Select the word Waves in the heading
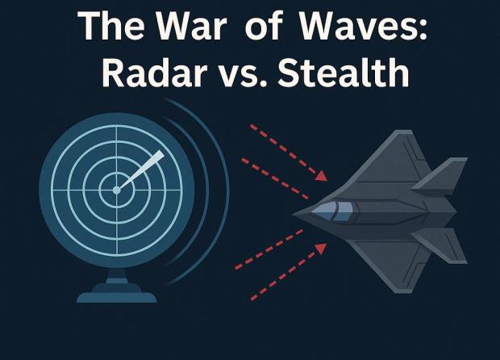(352, 26)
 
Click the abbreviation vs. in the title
(243, 76)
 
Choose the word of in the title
(264, 26)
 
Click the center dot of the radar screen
(117, 190)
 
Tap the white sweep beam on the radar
(142, 170)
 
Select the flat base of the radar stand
(117, 297)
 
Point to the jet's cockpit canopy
(332, 210)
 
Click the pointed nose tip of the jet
(294, 214)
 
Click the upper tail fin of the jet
(442, 176)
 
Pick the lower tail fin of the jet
(442, 245)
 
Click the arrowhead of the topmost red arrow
(322, 176)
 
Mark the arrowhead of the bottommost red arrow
(321, 249)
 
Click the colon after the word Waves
(423, 30)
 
